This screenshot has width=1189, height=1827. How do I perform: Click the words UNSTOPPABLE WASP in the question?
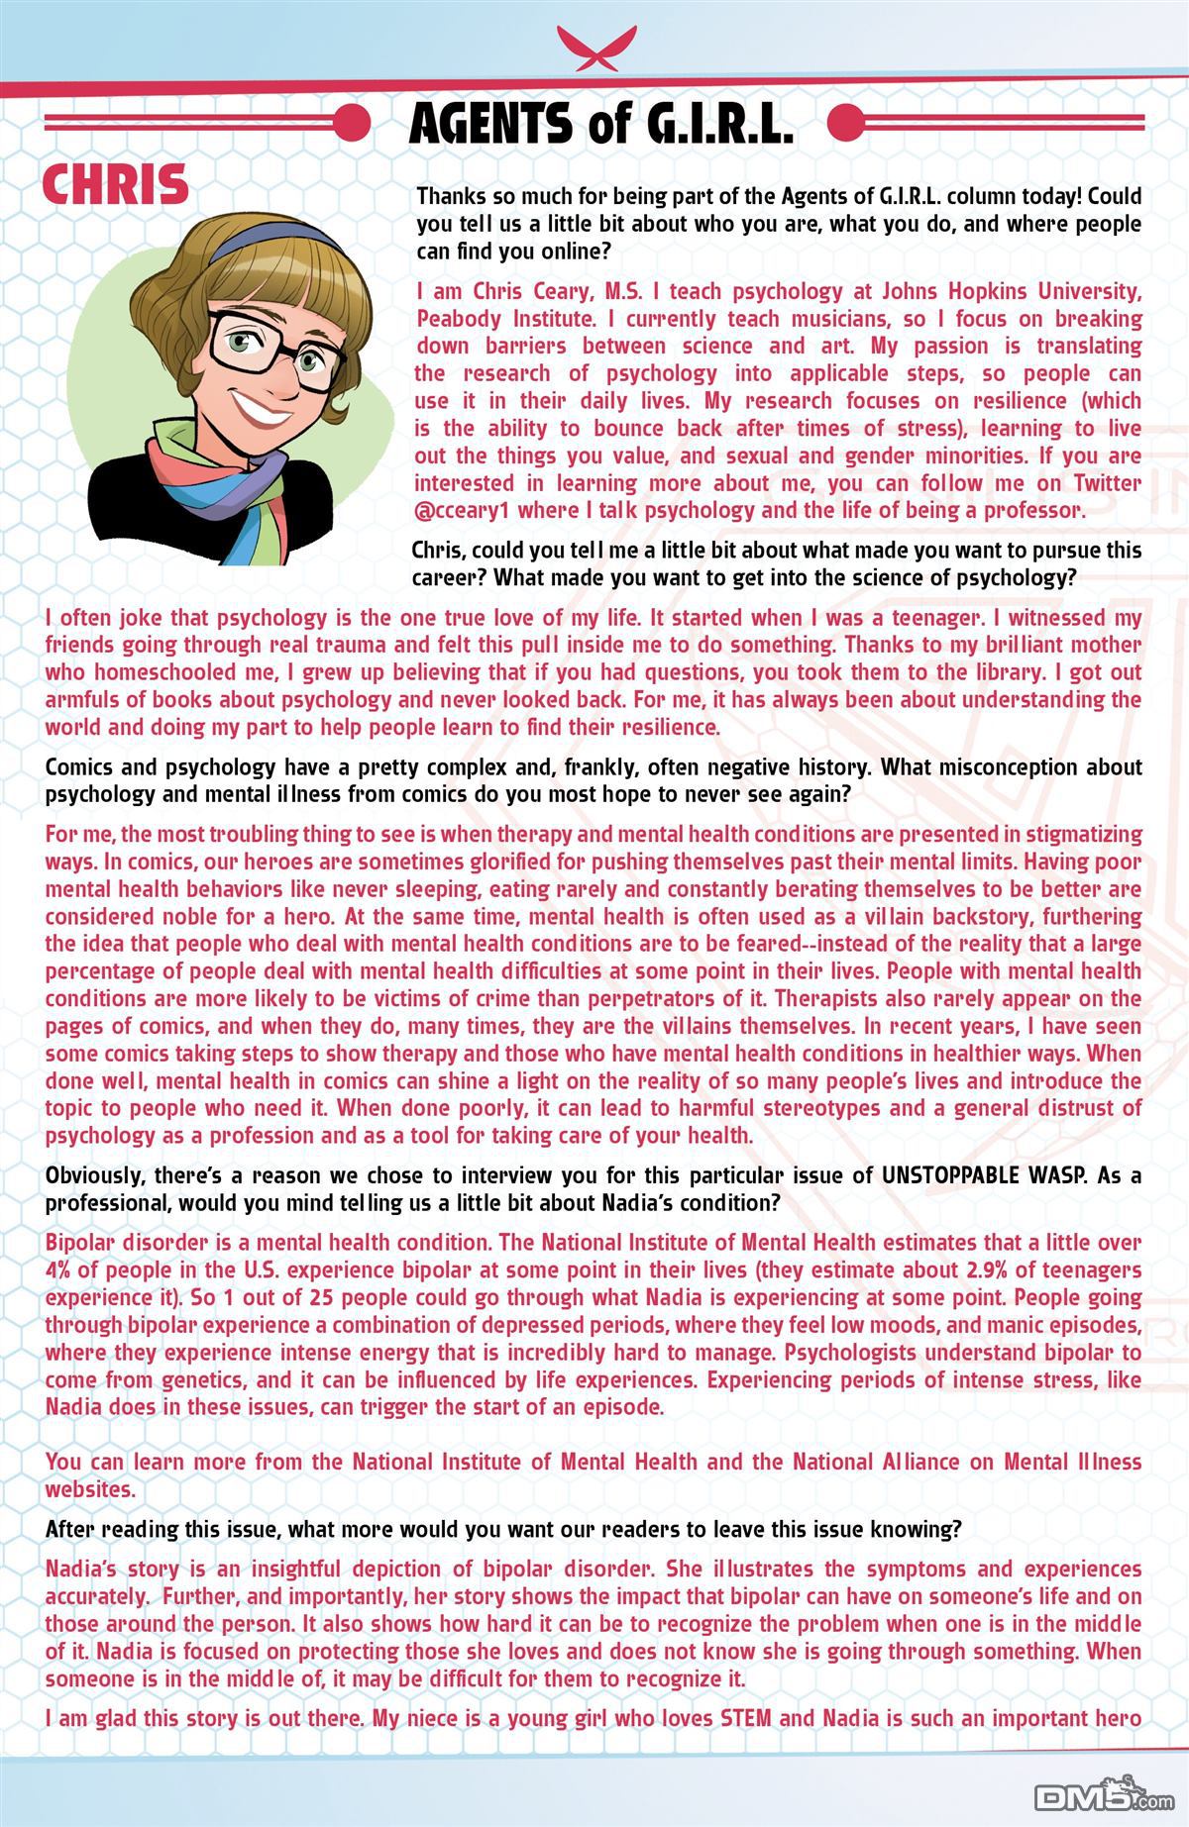(994, 1175)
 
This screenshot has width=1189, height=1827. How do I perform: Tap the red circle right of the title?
(843, 123)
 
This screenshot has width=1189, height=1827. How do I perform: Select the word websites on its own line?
(90, 1488)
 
